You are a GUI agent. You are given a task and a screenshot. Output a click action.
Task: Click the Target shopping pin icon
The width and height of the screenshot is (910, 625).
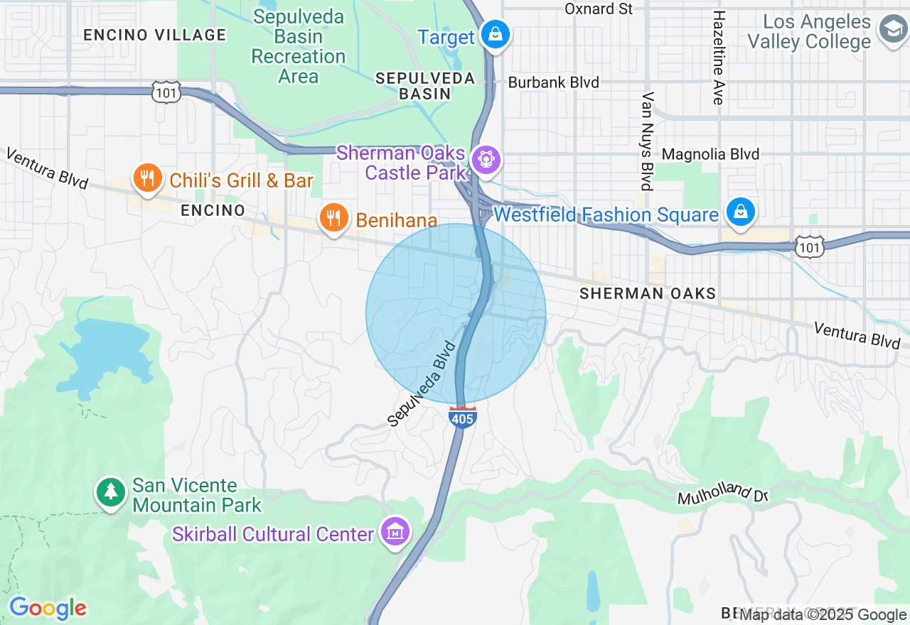click(x=494, y=33)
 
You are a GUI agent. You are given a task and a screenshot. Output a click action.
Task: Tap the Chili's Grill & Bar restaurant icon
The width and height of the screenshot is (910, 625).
click(x=147, y=178)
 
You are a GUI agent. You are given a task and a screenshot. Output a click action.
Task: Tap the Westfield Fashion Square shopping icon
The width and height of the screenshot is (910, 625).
click(x=740, y=212)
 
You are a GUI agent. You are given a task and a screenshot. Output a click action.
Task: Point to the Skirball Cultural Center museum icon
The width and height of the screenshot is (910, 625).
click(x=395, y=531)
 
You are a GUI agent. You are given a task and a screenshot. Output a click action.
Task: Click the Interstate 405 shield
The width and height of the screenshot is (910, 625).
click(x=462, y=418)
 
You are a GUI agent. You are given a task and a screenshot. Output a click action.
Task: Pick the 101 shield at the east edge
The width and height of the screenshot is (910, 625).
click(x=811, y=246)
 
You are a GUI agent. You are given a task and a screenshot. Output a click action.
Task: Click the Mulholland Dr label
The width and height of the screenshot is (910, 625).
click(x=722, y=492)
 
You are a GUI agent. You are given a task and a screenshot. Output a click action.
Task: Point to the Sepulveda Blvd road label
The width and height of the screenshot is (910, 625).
click(x=421, y=384)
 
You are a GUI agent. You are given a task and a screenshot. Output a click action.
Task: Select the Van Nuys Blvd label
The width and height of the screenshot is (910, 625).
click(x=647, y=141)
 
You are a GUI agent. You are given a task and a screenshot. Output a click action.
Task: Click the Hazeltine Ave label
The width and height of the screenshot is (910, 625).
click(x=719, y=58)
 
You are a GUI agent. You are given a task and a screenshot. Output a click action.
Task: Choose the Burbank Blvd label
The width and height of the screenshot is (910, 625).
click(x=553, y=82)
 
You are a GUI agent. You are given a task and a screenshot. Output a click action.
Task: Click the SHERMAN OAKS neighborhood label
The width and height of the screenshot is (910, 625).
click(x=647, y=293)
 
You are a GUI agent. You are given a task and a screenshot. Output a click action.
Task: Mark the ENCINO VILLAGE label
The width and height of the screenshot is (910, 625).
click(x=154, y=35)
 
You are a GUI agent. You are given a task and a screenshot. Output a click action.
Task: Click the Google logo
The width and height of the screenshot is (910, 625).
click(x=48, y=608)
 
